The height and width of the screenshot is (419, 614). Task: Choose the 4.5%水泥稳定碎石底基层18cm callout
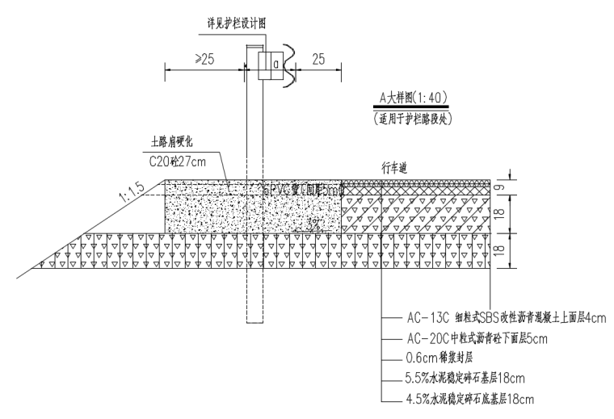(469, 399)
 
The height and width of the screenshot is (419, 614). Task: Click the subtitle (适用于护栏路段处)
(413, 118)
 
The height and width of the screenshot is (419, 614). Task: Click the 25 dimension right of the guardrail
(318, 61)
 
